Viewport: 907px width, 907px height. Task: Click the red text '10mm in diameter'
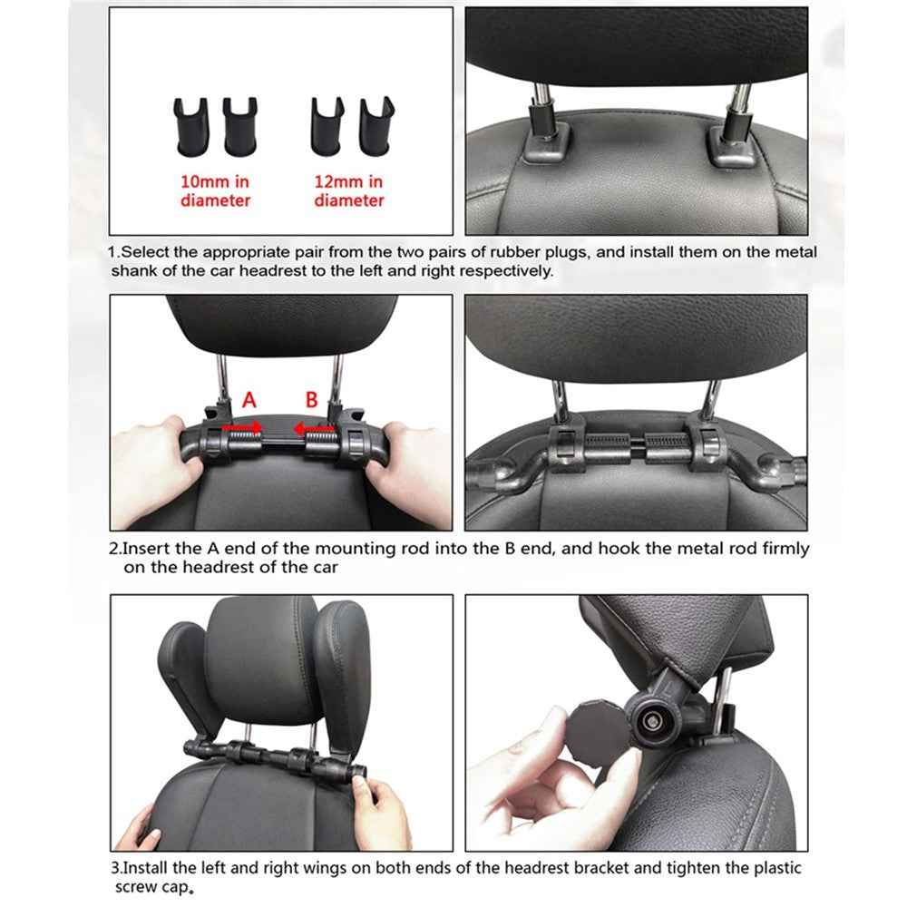pos(215,191)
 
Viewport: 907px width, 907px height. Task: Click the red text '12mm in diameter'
pos(348,191)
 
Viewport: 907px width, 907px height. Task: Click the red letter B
pos(311,399)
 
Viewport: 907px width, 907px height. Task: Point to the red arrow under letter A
pos(242,425)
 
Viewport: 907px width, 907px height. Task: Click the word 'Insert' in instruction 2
pos(144,549)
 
